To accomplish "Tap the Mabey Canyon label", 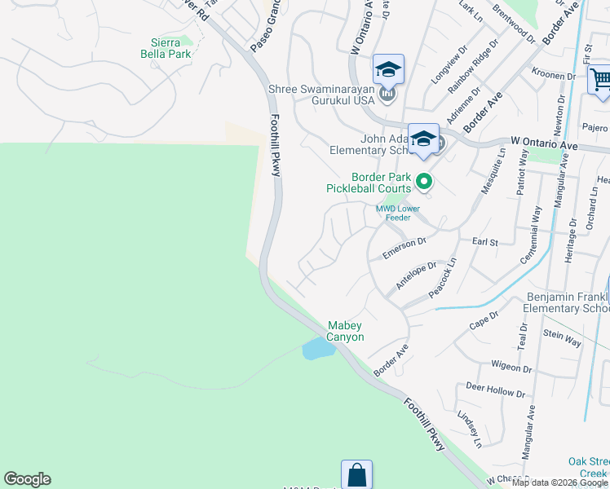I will [x=345, y=331].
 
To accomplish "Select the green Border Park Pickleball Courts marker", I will [x=423, y=182].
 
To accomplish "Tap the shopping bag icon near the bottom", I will [x=356, y=475].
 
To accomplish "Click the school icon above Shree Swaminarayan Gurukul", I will [x=388, y=69].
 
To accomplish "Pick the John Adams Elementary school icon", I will [x=423, y=139].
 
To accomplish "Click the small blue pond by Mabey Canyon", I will [x=316, y=349].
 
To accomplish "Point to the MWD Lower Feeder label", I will [x=397, y=213].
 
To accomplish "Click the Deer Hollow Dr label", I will [x=495, y=389].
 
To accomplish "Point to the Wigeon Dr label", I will [x=511, y=367].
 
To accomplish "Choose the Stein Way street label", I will [x=563, y=337].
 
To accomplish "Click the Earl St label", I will [x=488, y=242].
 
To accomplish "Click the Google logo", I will [x=27, y=479].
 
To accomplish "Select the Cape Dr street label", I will [x=483, y=320].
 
